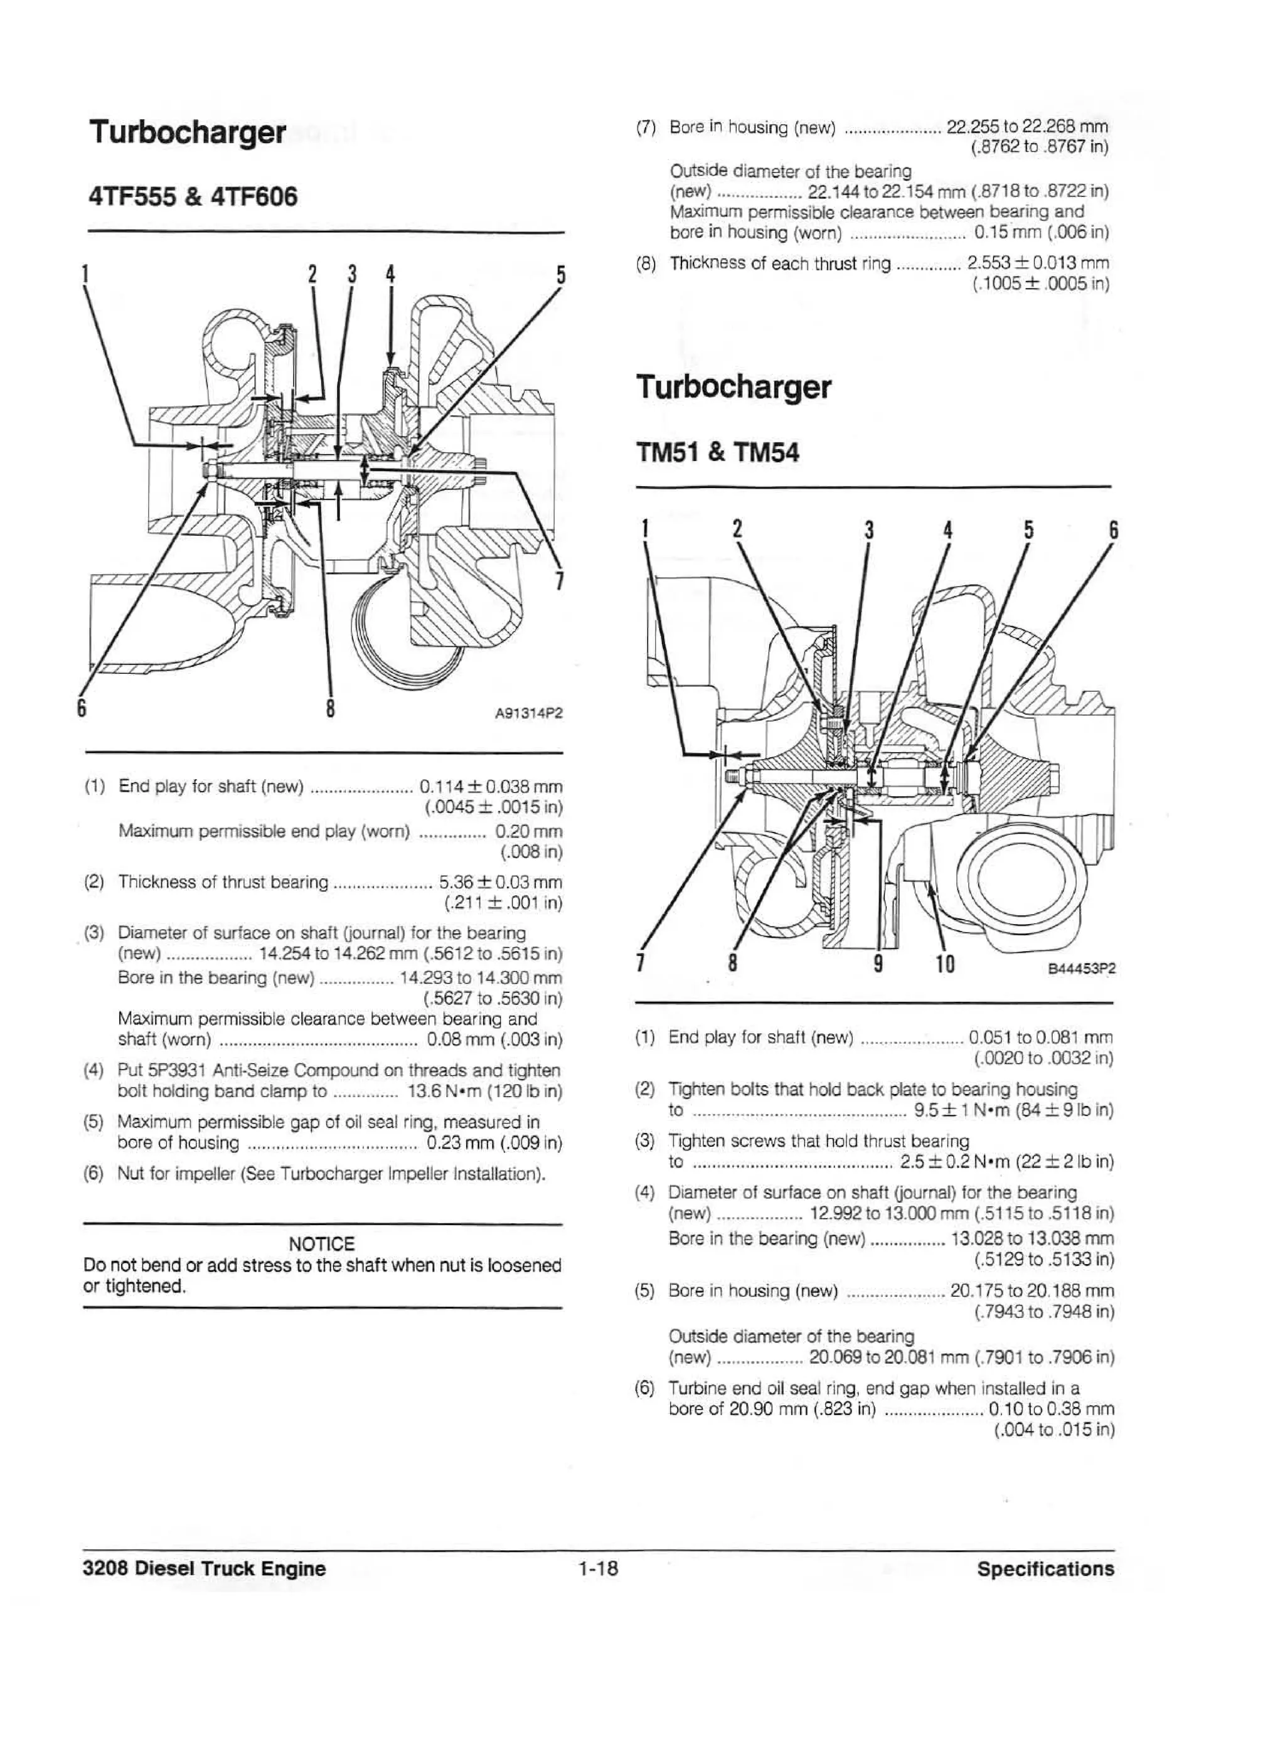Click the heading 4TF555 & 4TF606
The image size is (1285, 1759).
(x=193, y=197)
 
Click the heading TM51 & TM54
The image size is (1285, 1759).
(x=717, y=452)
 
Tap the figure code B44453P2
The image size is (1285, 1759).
(x=1081, y=969)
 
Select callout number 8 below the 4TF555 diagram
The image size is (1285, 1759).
(x=331, y=708)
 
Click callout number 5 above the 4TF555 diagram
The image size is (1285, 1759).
(x=560, y=275)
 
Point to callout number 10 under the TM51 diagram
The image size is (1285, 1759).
(x=944, y=964)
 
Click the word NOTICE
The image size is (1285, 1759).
(x=321, y=1244)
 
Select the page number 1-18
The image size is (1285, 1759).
(x=597, y=1568)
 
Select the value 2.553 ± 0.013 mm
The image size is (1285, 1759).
(x=1038, y=263)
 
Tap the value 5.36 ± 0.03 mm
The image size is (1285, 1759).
(x=500, y=882)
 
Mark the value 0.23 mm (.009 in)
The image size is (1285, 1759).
(x=493, y=1143)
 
